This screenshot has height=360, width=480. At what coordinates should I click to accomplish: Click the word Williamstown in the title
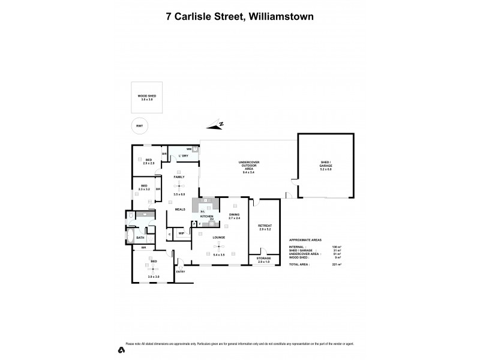[281, 17]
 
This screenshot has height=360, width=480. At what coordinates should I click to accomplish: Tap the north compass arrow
[214, 125]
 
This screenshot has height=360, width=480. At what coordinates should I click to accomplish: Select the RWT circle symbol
[139, 126]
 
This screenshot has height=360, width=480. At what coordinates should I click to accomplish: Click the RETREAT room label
[265, 226]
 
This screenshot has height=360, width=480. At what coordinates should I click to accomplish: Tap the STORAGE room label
[265, 258]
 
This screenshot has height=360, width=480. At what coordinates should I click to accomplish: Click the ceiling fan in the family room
[178, 185]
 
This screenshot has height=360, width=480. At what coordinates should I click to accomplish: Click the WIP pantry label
[181, 233]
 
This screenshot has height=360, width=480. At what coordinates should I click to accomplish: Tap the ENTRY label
[181, 272]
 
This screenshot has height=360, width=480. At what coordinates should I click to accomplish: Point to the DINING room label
[234, 214]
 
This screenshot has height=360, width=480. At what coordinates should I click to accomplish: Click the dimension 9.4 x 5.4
[248, 172]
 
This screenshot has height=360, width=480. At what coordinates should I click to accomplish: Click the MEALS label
[179, 209]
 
